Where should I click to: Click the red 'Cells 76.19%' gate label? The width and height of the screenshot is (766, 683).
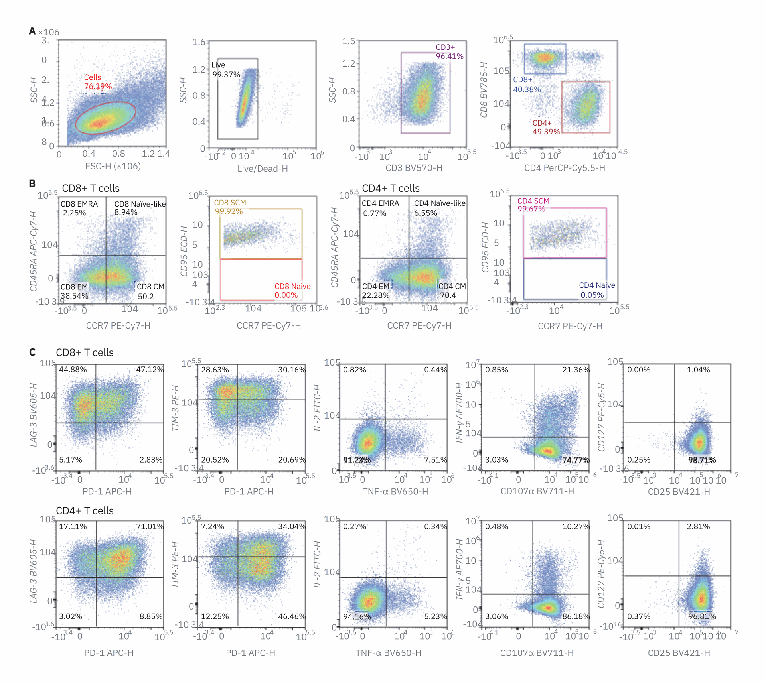(x=97, y=82)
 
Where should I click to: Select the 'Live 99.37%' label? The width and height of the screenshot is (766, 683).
(x=225, y=70)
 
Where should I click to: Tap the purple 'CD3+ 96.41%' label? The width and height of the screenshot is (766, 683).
(x=449, y=52)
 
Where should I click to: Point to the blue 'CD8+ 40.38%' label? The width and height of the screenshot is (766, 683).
(x=527, y=85)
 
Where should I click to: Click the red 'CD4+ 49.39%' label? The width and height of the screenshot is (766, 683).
(x=546, y=127)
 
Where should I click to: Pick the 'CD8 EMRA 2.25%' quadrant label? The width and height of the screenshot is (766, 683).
(x=79, y=208)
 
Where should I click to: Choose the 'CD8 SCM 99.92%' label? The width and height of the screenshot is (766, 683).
(x=229, y=207)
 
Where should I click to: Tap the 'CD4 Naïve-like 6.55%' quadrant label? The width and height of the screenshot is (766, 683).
(x=439, y=208)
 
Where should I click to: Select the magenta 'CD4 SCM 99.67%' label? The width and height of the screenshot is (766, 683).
(x=533, y=205)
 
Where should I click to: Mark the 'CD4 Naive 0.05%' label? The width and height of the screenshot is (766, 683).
(x=596, y=290)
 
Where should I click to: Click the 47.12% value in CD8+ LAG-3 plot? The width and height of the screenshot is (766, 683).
(x=150, y=369)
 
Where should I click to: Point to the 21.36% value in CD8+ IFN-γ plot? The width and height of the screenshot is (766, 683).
(x=575, y=370)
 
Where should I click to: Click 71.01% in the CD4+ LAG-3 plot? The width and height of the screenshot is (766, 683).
(x=150, y=526)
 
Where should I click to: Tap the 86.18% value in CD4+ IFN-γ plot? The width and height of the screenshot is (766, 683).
(x=575, y=616)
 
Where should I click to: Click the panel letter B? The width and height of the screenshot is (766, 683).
(x=32, y=183)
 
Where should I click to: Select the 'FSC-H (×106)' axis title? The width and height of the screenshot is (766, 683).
(x=113, y=166)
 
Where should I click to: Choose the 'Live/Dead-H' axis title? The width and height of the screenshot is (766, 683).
(x=263, y=169)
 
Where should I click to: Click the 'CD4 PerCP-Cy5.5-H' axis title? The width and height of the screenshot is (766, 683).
(x=564, y=168)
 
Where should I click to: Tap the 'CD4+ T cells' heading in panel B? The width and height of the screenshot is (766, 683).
(x=391, y=188)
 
